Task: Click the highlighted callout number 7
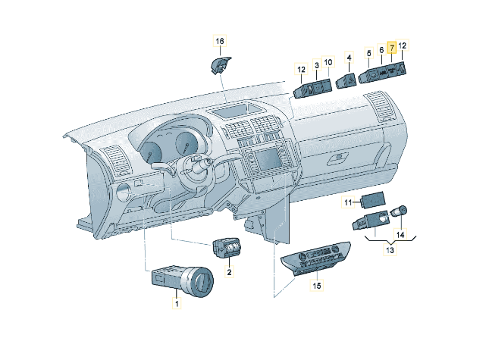[392, 48]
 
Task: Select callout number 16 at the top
[220, 41]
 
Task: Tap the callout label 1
[177, 302]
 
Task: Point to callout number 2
[229, 272]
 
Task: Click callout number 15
[317, 286]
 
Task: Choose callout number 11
[348, 202]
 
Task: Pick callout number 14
[400, 234]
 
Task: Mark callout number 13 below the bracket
[390, 250]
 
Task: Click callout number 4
[349, 58]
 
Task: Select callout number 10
[328, 62]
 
